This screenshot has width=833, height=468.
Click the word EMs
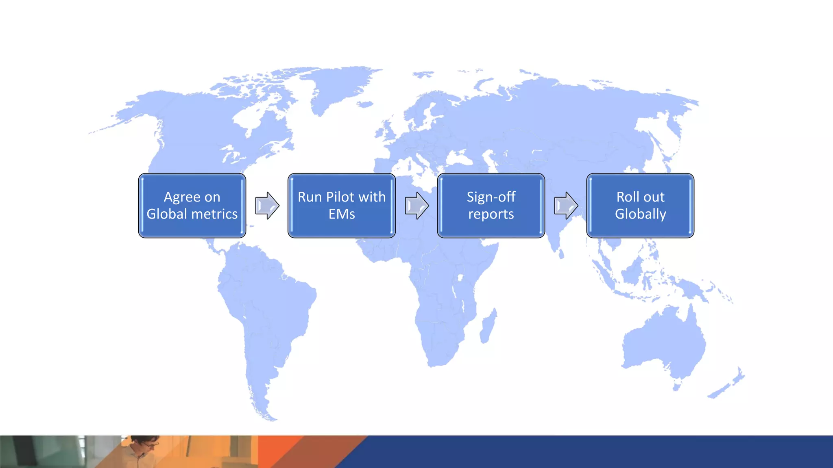pos(342,214)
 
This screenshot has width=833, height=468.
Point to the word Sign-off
pos(491,197)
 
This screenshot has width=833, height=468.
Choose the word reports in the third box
pos(491,214)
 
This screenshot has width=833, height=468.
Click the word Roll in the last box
pos(627,197)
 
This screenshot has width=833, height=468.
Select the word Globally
pos(640,214)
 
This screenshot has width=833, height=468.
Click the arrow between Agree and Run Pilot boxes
pos(267,206)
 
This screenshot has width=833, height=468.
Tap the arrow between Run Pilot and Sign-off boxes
pos(416,206)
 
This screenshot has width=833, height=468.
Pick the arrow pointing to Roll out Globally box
pos(566,206)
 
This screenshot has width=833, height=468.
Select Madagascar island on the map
pos(488,327)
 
